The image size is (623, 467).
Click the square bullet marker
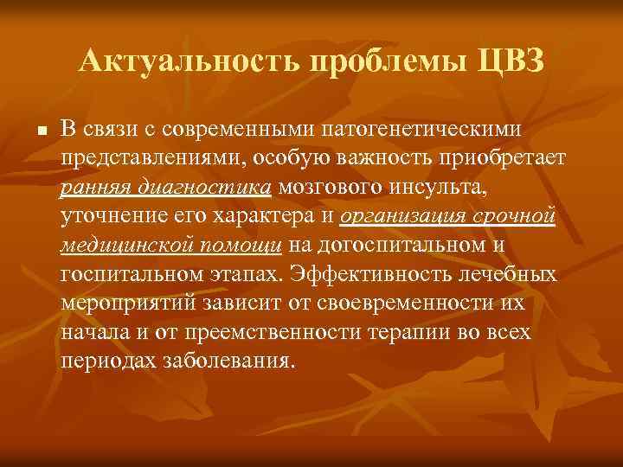pyautogui.click(x=31, y=130)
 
